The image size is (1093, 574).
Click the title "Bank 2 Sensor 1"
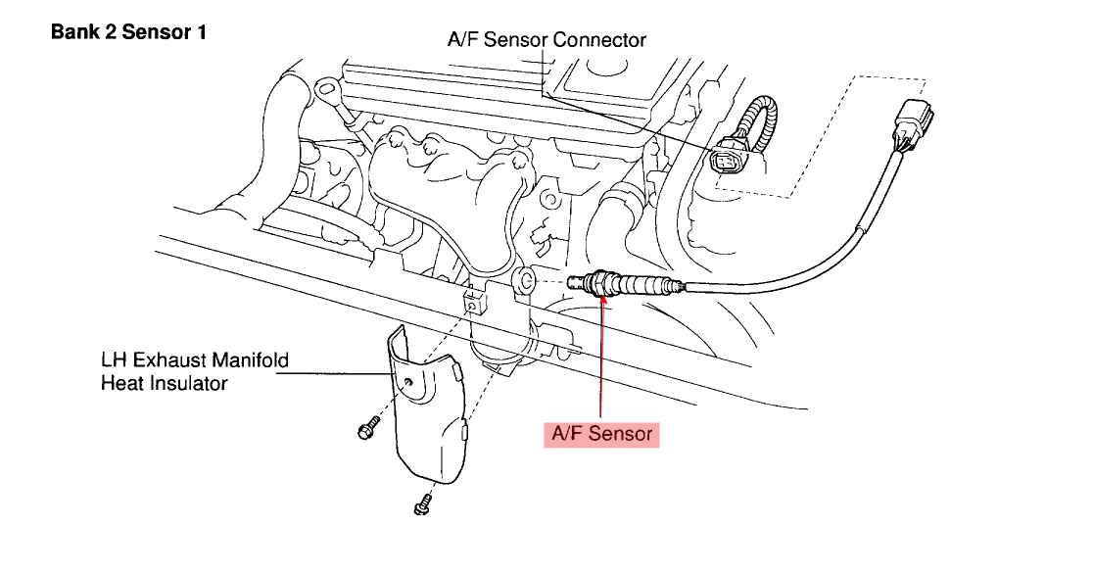click(x=129, y=32)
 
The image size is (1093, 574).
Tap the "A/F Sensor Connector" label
click(x=546, y=40)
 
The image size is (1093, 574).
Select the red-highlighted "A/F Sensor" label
click(x=601, y=433)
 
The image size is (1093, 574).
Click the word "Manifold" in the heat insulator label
click(x=250, y=360)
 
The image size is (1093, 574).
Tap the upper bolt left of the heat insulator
click(x=368, y=427)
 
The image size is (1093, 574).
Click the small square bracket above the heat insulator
click(x=473, y=305)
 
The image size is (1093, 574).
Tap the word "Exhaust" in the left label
click(x=169, y=360)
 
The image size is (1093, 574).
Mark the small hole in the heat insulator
click(x=409, y=382)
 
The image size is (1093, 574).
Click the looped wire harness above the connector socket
click(x=756, y=124)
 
